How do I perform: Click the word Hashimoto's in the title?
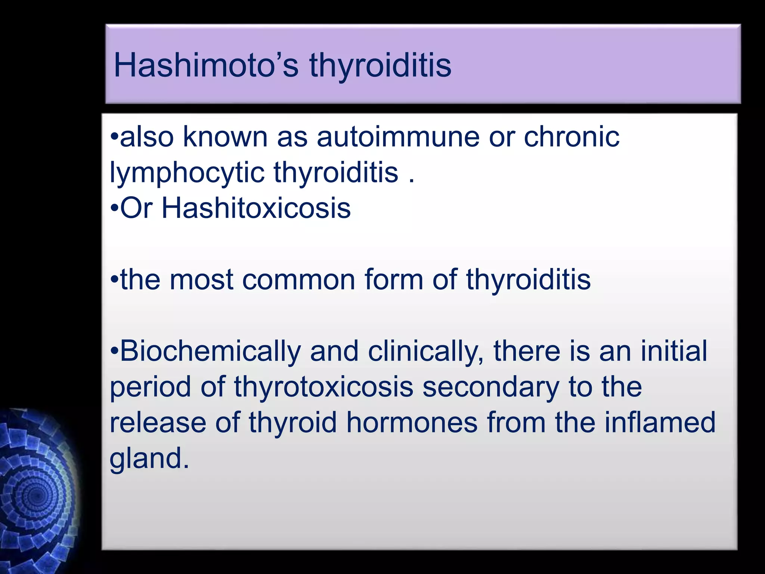206,65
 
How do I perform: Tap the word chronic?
572,137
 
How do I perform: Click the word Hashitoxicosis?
256,208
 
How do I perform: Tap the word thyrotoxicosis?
323,387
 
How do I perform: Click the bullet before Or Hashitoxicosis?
115,209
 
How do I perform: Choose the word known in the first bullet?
225,137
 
